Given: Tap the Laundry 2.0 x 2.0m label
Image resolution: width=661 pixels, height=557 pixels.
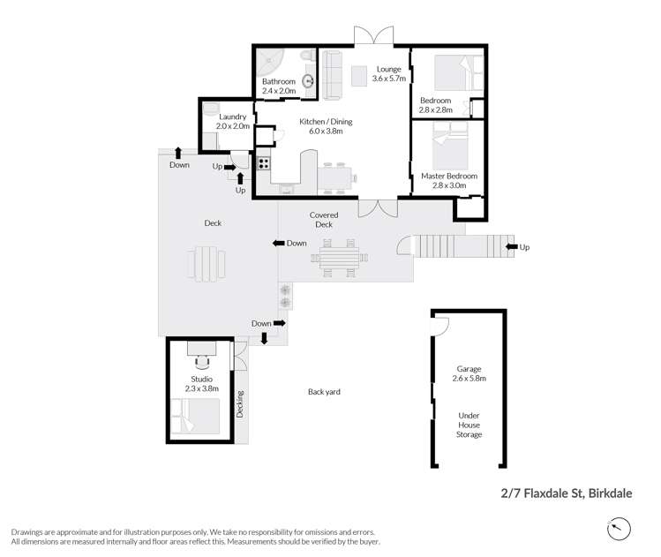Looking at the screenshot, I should [233, 121].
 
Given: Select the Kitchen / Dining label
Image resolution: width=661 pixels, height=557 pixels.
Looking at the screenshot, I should [325, 126].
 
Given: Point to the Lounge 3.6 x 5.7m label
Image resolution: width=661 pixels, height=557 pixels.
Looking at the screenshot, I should [389, 73].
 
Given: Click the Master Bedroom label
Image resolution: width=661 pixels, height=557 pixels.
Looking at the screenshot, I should [448, 180].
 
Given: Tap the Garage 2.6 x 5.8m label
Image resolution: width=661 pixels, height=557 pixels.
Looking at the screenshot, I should [469, 373].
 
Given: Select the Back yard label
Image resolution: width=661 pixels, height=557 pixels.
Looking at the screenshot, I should [324, 391].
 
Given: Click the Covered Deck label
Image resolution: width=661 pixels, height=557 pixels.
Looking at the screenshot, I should [324, 220].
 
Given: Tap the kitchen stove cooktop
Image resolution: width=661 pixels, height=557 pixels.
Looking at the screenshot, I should [262, 162].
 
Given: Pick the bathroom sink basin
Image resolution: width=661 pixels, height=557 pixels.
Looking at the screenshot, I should [309, 81].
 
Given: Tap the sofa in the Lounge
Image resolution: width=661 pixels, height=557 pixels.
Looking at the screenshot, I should [332, 74].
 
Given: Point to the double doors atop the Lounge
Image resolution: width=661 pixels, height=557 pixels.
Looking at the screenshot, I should [374, 35].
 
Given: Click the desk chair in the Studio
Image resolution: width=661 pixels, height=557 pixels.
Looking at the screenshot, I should [202, 359].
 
